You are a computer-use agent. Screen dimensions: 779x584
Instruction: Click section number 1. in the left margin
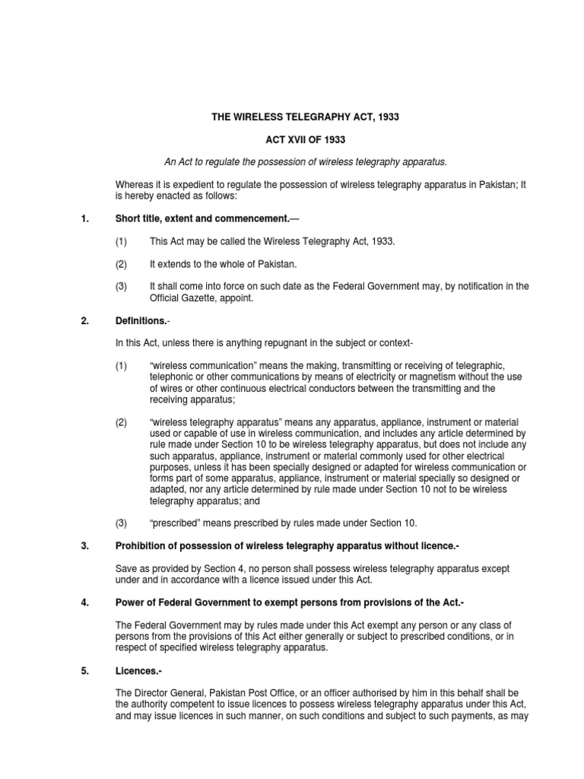(x=85, y=219)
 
